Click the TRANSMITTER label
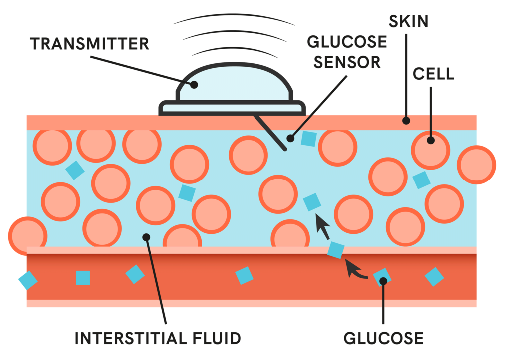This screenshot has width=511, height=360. [x=89, y=43]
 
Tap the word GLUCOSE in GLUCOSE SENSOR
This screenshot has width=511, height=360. [x=347, y=41]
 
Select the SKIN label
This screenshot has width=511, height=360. [x=408, y=21]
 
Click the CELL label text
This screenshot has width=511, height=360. [x=433, y=74]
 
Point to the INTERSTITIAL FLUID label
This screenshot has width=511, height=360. [x=158, y=338]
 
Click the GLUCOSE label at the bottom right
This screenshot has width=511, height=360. [x=383, y=338]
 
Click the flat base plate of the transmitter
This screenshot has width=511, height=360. [x=232, y=107]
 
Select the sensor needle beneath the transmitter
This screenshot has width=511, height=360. [x=269, y=132]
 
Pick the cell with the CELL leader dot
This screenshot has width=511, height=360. [x=430, y=150]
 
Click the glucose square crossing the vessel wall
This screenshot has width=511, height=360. [x=336, y=250]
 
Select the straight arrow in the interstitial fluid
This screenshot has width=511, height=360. [x=323, y=228]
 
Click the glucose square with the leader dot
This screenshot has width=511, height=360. [x=382, y=277]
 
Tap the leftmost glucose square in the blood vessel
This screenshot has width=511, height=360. [x=28, y=280]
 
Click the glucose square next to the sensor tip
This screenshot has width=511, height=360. [x=309, y=139]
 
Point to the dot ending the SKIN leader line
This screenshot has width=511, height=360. [x=406, y=120]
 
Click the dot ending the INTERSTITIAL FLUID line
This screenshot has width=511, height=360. [x=146, y=237]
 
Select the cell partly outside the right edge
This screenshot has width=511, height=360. [x=476, y=165]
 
